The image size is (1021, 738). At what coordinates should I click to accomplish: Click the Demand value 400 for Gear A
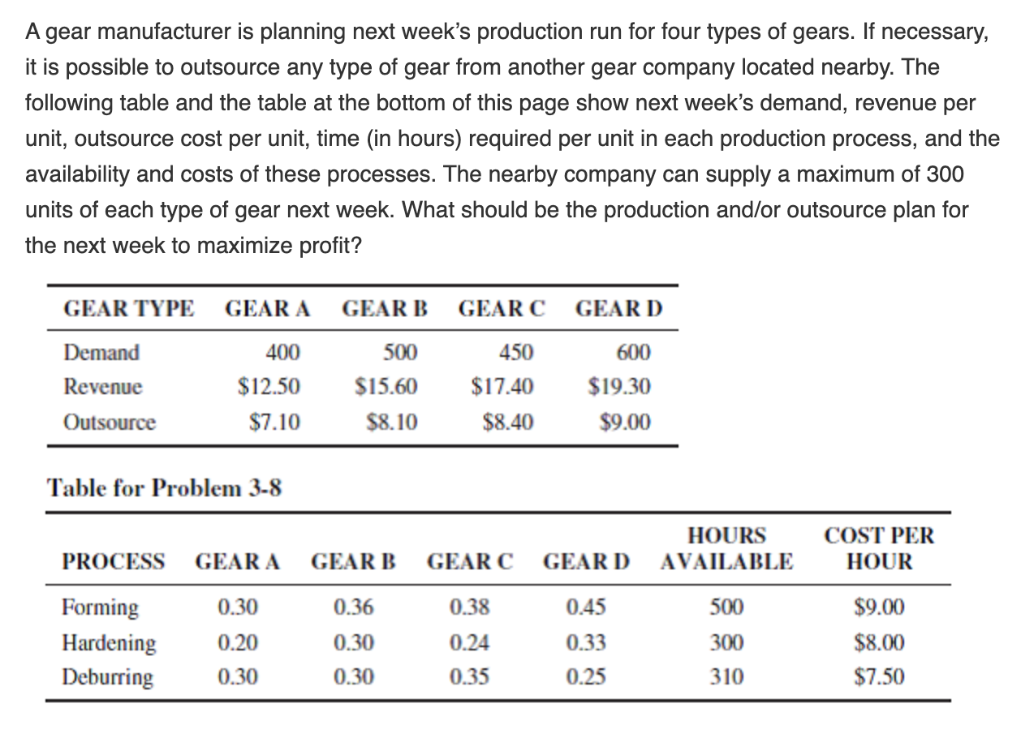(x=282, y=353)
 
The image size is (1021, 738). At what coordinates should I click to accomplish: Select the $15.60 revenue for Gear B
(x=386, y=387)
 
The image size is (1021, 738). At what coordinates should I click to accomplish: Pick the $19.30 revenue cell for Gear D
(x=619, y=387)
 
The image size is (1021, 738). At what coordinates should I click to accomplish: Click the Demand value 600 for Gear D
(x=634, y=353)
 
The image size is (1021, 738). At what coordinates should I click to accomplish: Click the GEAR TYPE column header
(x=129, y=309)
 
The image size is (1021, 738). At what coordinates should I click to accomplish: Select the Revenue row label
(x=102, y=387)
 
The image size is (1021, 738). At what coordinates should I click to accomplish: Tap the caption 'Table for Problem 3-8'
(x=165, y=488)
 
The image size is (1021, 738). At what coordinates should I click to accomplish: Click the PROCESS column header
(x=114, y=561)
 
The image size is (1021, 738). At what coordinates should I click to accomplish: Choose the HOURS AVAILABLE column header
(x=726, y=549)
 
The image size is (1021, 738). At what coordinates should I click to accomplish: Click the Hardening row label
(x=110, y=642)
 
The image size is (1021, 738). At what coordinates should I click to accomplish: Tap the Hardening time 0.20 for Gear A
(x=238, y=642)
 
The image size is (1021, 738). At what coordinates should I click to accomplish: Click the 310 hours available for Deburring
(x=726, y=677)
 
